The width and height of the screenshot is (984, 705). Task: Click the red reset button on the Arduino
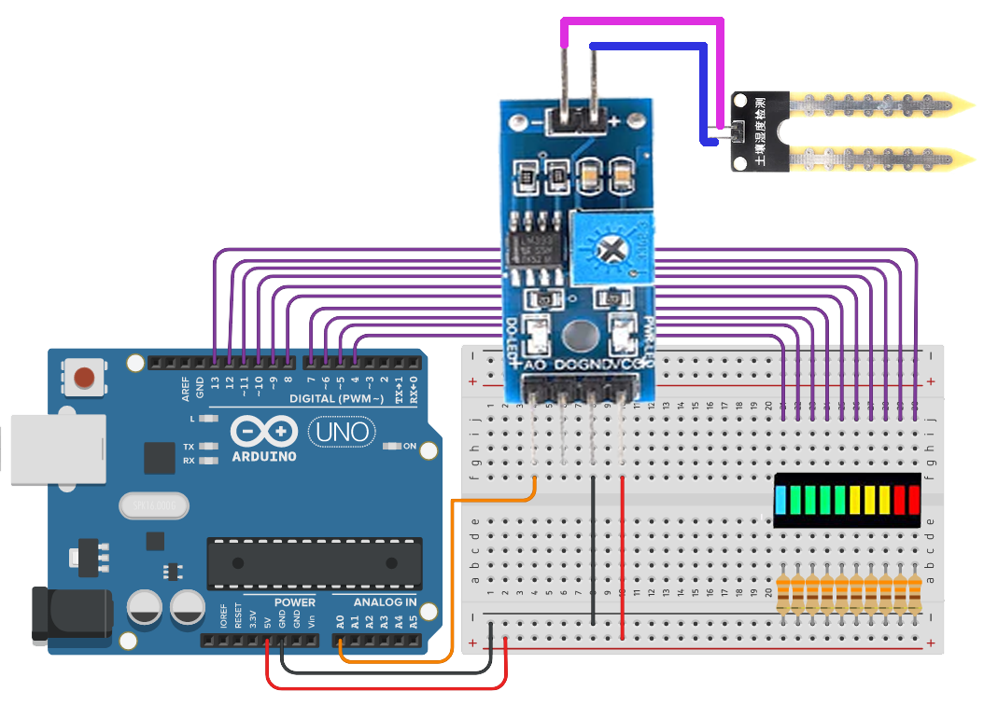point(84,379)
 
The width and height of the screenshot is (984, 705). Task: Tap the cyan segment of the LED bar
point(782,500)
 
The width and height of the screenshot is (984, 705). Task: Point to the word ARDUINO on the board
point(264,456)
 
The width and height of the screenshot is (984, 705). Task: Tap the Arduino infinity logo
point(264,433)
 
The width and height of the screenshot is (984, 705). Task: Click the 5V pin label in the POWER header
point(267,620)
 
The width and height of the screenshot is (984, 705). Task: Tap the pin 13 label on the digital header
point(216,380)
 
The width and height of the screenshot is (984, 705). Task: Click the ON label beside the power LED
point(409,447)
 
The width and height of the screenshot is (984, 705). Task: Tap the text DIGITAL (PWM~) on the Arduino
point(336,398)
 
